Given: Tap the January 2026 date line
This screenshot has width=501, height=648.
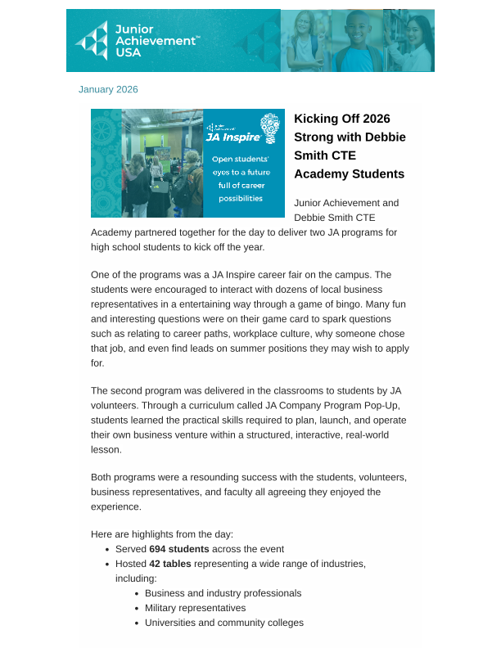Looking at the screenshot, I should (x=108, y=89).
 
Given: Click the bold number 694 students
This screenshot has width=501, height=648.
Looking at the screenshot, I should (x=178, y=549).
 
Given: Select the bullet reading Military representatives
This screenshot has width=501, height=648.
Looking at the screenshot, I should (x=195, y=608).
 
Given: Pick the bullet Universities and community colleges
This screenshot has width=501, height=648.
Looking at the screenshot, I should (x=223, y=623).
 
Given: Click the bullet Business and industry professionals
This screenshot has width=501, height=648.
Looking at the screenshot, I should (x=223, y=593).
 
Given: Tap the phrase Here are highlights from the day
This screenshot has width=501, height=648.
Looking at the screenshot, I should (x=162, y=534).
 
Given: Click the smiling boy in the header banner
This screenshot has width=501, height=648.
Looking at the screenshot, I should (x=358, y=40).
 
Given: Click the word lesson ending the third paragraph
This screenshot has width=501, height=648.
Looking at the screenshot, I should (x=105, y=449).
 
